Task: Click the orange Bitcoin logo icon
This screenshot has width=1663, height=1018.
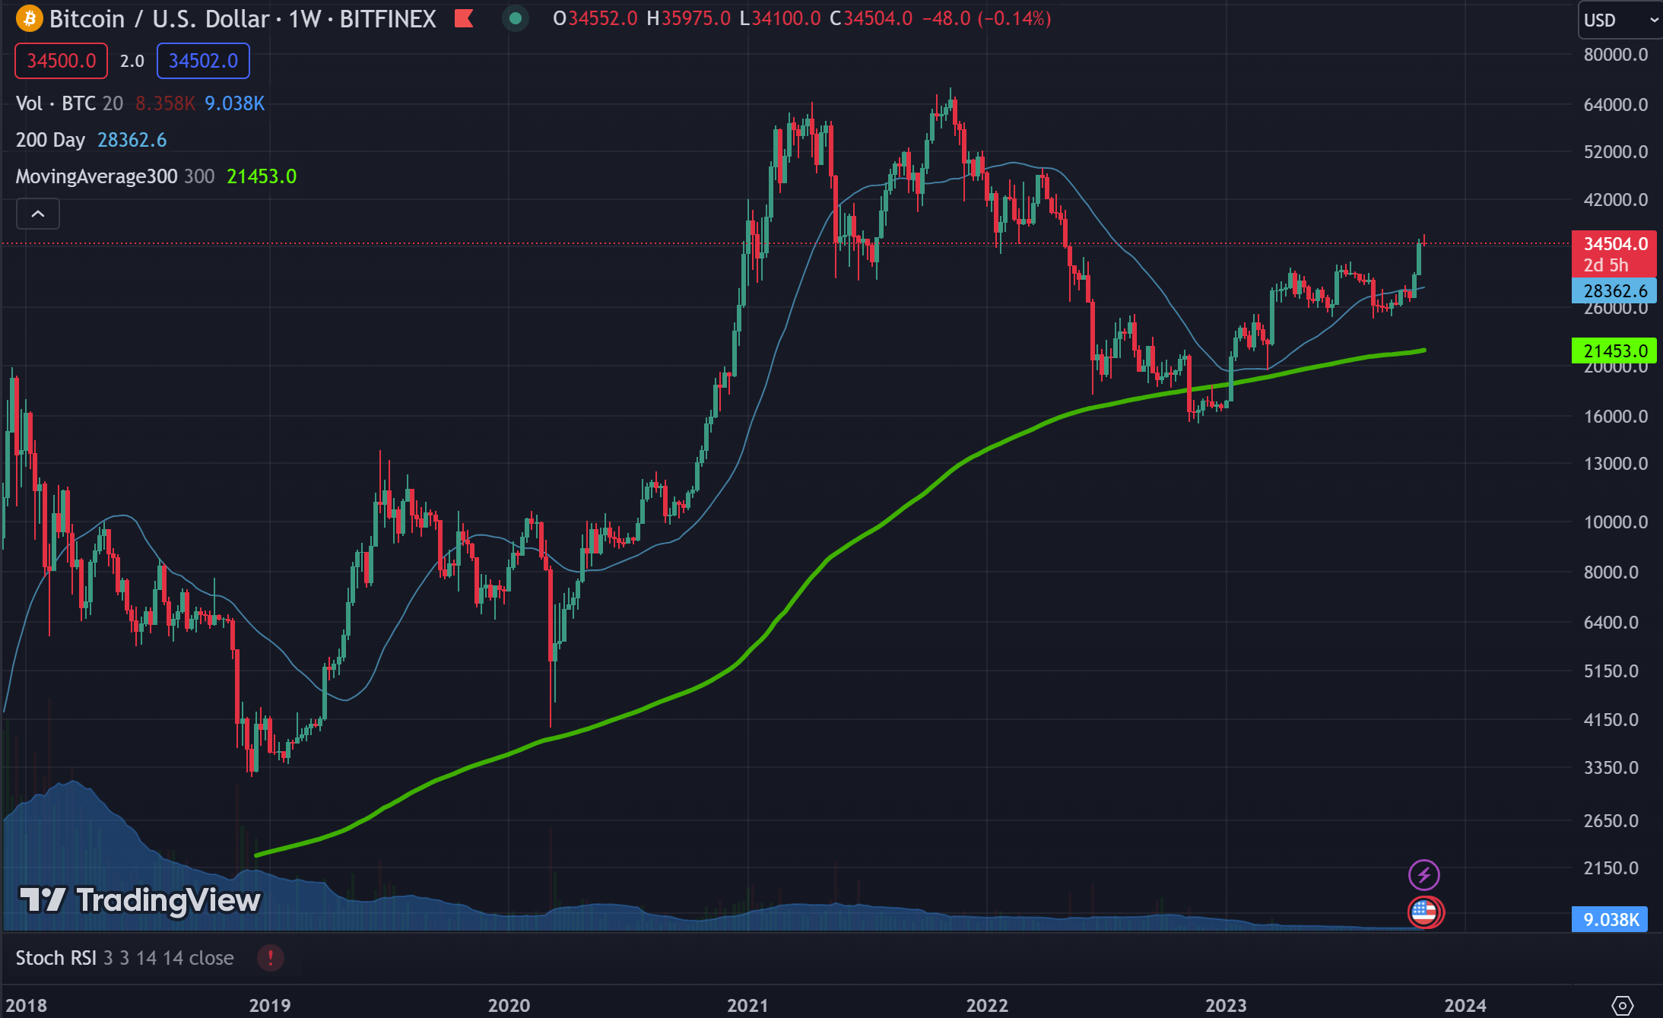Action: point(29,18)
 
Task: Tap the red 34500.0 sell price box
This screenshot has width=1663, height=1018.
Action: point(62,61)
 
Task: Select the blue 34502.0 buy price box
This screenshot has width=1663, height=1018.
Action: point(203,61)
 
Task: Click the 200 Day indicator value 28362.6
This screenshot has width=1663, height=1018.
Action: point(132,140)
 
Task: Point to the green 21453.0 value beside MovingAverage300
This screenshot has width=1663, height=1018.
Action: point(262,176)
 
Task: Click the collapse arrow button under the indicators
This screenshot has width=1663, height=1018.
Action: point(38,214)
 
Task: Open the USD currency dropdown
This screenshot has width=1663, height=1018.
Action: point(1619,20)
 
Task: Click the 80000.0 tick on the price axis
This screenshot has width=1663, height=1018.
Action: point(1615,55)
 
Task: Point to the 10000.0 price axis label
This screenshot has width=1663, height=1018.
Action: point(1615,522)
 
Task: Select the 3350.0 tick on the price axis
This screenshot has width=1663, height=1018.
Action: point(1611,768)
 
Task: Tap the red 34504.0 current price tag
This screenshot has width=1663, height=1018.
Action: point(1614,244)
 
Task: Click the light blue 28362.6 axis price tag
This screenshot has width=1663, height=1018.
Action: point(1614,291)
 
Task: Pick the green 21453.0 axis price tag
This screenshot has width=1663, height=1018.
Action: point(1614,351)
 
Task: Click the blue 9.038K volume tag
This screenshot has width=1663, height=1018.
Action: point(1611,920)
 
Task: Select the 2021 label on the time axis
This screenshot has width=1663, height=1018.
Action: point(747,1005)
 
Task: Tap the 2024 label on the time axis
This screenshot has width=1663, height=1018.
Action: point(1465,1005)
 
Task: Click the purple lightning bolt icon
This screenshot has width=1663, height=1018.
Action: point(1423,875)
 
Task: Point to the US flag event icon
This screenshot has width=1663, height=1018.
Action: point(1423,912)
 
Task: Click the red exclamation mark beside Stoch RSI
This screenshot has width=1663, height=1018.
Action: point(270,958)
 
